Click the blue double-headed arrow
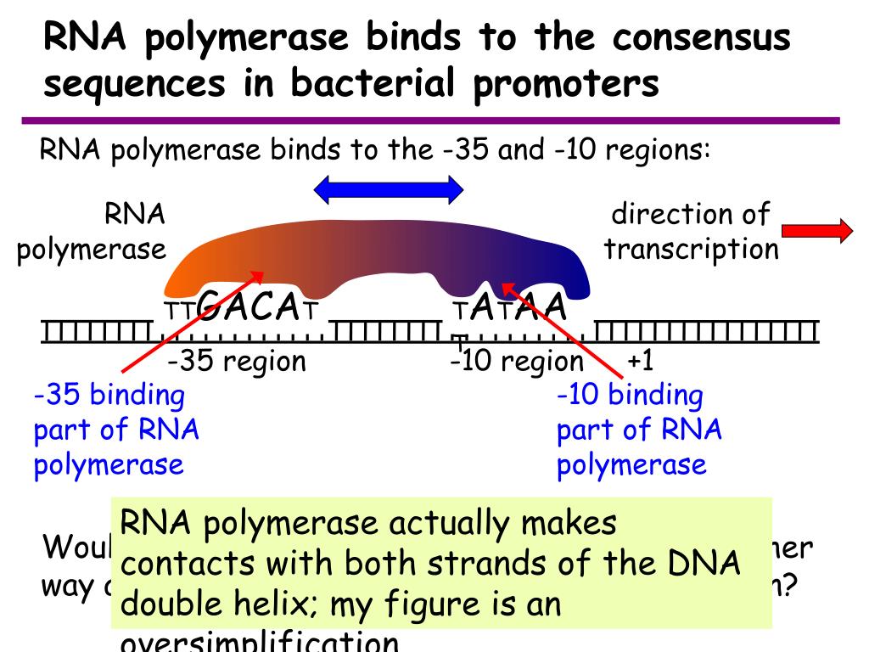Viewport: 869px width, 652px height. [x=389, y=189]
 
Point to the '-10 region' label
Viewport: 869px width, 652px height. [x=518, y=362]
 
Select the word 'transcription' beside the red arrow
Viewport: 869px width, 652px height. [x=691, y=249]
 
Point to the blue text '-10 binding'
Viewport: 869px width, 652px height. [x=630, y=395]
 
